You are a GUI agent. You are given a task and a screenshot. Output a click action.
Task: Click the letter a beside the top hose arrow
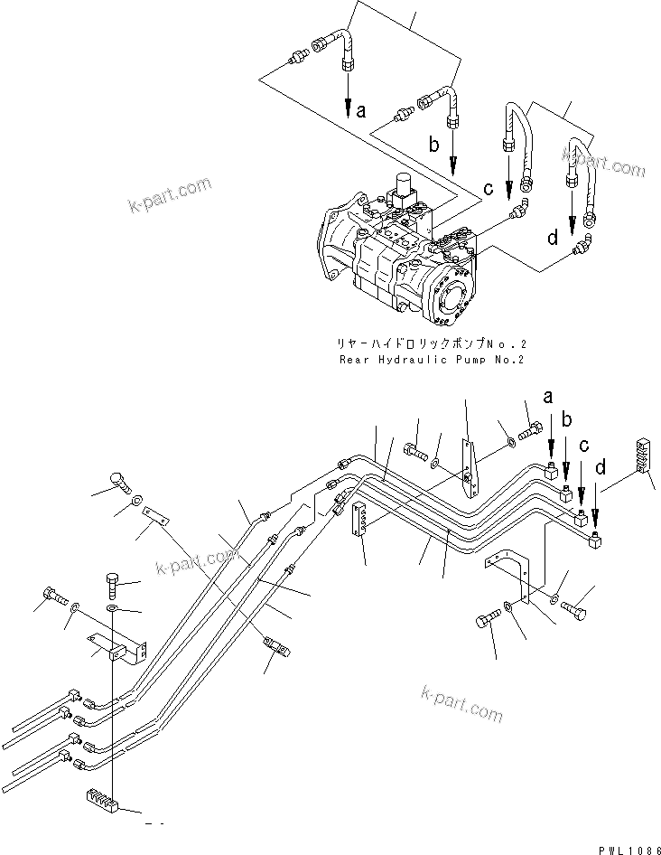tap(361, 112)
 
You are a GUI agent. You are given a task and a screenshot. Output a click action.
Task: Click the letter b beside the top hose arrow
tap(433, 145)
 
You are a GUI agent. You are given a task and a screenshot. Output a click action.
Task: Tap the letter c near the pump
tap(488, 189)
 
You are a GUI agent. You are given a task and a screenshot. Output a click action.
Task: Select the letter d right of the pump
tap(552, 239)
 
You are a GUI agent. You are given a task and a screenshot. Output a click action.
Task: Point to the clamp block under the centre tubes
tap(360, 519)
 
